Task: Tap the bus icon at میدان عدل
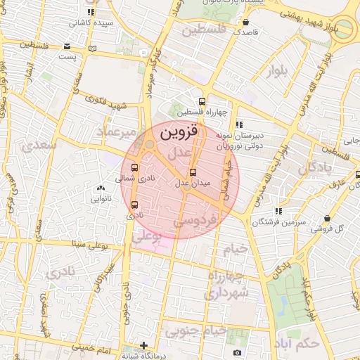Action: click(193, 172)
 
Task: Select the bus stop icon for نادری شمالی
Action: click(134, 167)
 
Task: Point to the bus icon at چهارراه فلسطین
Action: click(202, 101)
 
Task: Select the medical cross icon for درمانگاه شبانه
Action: click(143, 345)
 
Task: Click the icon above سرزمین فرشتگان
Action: click(279, 210)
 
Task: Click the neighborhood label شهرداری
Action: click(227, 290)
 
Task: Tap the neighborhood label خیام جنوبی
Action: click(217, 329)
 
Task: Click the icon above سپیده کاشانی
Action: click(89, 12)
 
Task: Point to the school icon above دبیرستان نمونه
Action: click(239, 124)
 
